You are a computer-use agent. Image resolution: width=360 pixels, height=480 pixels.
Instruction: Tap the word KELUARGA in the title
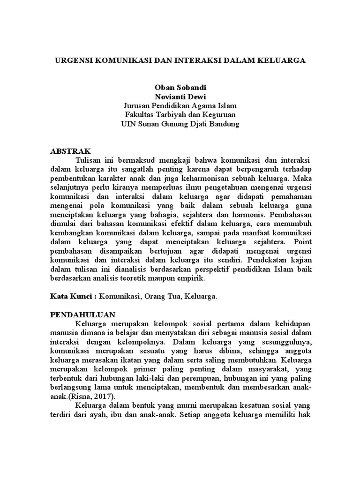(x=281, y=60)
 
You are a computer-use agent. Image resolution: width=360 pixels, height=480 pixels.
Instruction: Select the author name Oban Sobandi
(x=180, y=87)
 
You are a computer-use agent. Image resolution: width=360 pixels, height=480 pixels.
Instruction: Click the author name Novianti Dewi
(x=180, y=97)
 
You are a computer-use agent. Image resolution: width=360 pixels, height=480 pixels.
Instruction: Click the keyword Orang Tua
(x=161, y=297)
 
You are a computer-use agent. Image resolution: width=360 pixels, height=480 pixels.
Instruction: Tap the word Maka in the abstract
(x=301, y=179)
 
